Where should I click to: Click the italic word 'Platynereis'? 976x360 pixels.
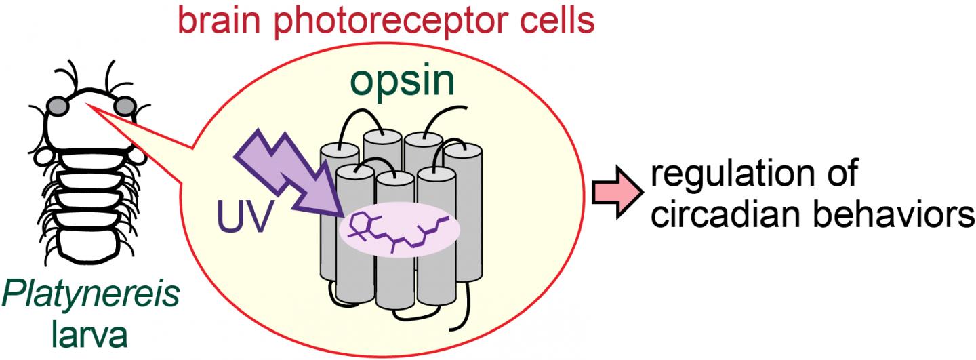[x=91, y=297]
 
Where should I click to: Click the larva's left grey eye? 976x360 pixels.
[x=57, y=106]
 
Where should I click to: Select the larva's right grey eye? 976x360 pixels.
[x=125, y=106]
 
